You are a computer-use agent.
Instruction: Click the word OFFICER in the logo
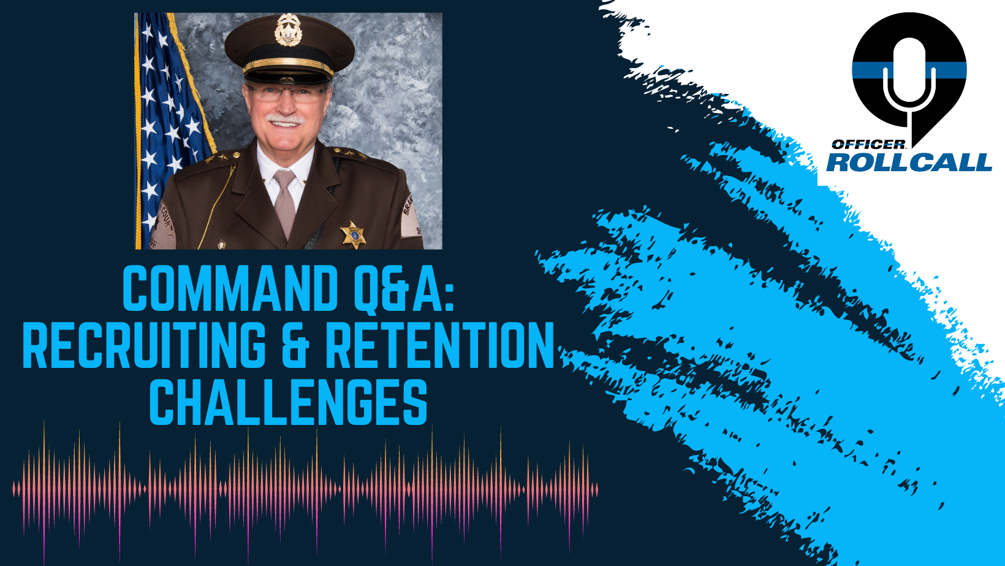(868, 145)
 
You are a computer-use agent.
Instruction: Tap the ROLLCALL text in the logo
(909, 163)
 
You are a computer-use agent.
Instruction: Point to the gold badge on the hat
(288, 31)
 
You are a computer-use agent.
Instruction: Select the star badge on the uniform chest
(353, 235)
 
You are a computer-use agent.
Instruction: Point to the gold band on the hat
(289, 64)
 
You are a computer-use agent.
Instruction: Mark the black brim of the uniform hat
(288, 77)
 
